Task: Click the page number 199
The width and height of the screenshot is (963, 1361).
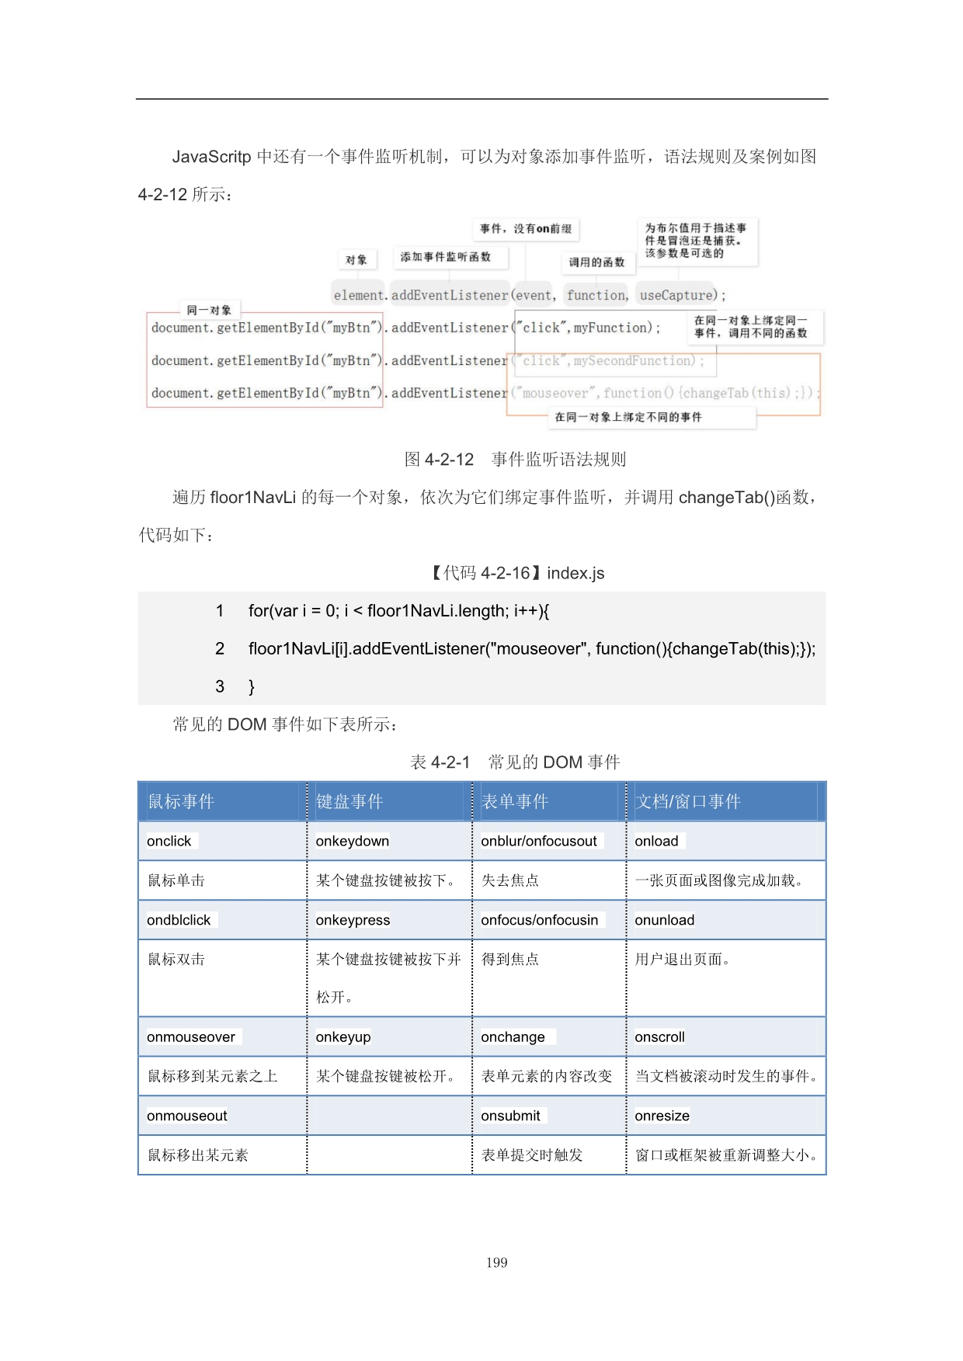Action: [496, 1262]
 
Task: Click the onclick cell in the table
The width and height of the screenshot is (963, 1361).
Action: [169, 841]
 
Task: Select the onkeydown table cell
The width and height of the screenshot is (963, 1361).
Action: [353, 841]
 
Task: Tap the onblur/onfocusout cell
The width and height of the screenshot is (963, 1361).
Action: [539, 841]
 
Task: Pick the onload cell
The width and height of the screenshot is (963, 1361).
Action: [656, 841]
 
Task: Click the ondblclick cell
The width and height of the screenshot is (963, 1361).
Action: [179, 920]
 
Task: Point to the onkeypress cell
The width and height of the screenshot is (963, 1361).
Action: [353, 920]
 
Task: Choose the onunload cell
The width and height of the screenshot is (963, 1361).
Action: [665, 920]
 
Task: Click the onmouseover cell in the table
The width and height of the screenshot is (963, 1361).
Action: [191, 1037]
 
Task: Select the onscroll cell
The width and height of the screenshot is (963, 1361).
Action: [660, 1037]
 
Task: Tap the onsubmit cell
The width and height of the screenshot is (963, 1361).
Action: [510, 1116]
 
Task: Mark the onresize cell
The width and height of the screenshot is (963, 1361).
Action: [662, 1116]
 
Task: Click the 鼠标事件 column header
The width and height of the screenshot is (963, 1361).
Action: [181, 801]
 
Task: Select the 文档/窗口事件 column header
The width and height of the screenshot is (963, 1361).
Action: [688, 801]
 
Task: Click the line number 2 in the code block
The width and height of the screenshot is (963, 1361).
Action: [220, 648]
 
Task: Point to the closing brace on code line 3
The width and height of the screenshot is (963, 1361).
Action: [252, 686]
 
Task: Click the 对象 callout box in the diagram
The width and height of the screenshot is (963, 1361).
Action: [356, 260]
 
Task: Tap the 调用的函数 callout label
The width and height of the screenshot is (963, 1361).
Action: [596, 262]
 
